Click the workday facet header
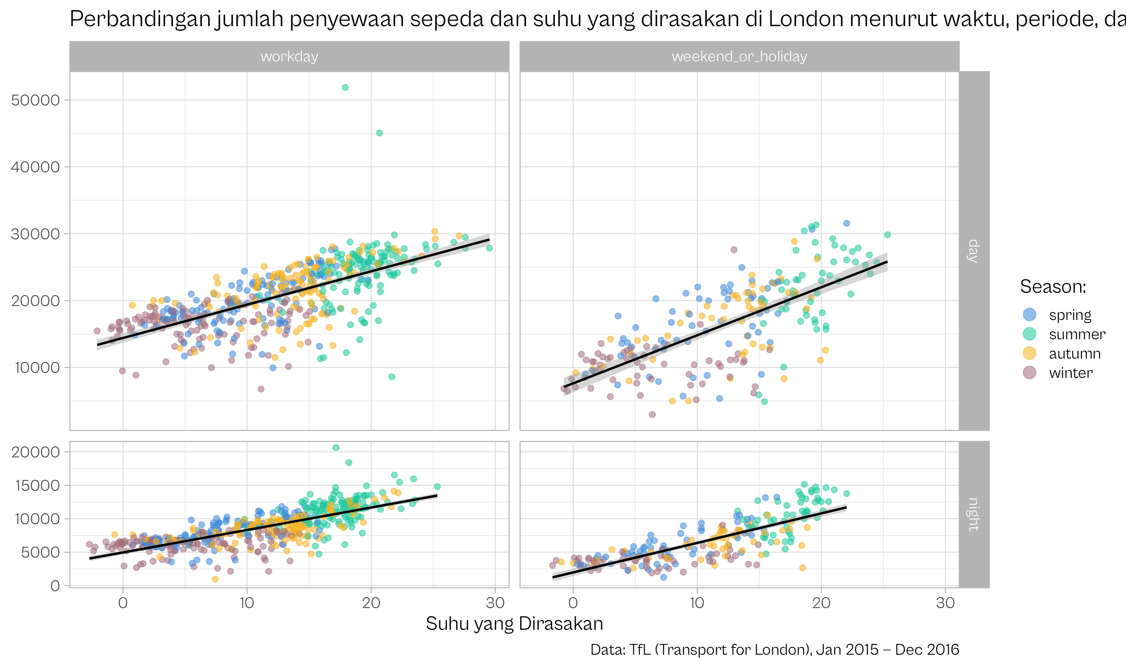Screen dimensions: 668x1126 (289, 57)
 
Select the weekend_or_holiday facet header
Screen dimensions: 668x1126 (739, 57)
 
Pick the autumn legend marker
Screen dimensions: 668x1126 (1029, 353)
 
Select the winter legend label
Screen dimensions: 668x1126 (1071, 373)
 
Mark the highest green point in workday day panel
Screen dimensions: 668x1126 (345, 87)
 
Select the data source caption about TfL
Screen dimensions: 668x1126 (775, 649)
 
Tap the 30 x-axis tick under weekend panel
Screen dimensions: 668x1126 (945, 603)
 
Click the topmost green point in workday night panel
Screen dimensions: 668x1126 (336, 447)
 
